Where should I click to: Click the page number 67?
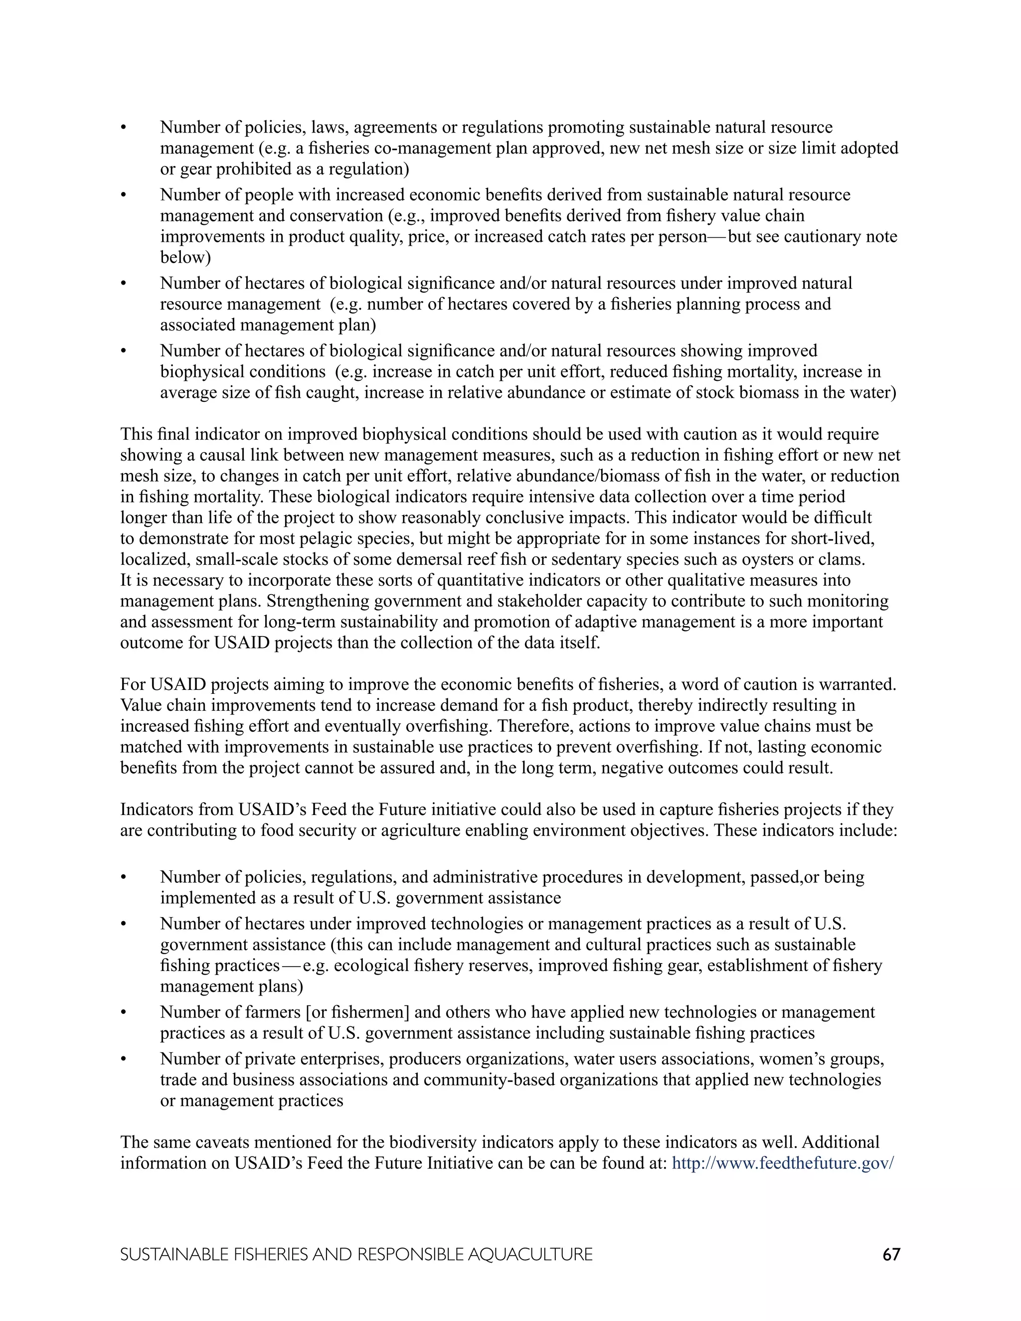click(891, 1255)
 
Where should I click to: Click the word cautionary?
click(823, 236)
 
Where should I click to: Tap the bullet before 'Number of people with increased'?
click(124, 195)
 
